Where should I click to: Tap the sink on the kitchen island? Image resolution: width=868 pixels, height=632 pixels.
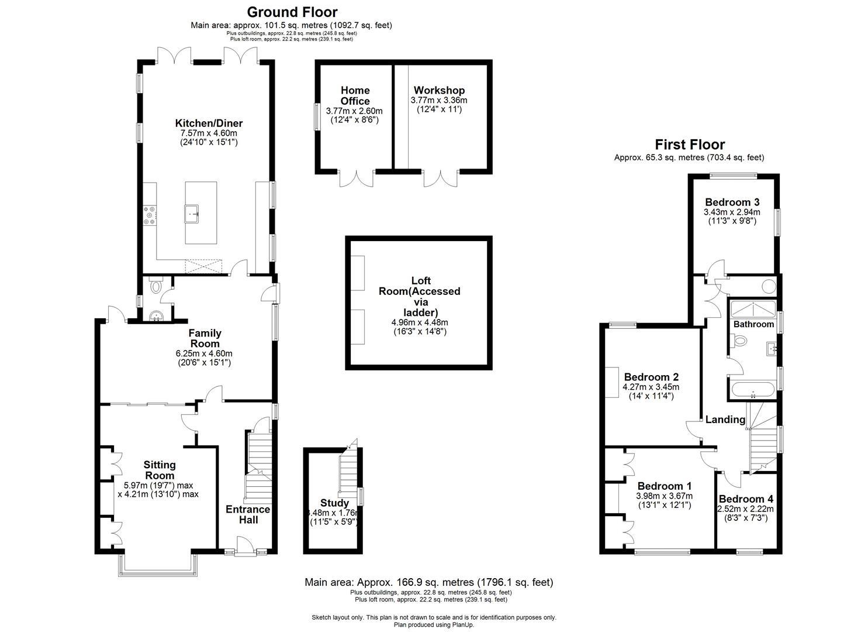pos(192,214)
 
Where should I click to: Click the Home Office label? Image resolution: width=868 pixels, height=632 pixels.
pos(355,95)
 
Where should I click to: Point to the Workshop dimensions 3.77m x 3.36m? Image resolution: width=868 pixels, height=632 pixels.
pos(439,101)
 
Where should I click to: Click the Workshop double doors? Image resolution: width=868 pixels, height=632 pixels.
pos(441,177)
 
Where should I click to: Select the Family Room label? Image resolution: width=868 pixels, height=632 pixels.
pos(205,338)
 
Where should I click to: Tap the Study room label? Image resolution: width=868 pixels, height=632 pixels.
pos(334,503)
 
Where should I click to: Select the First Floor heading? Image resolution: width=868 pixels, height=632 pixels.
pos(689,145)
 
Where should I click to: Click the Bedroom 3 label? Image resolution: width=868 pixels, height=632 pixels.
pos(732,202)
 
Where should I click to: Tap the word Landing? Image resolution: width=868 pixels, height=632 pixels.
pos(725,420)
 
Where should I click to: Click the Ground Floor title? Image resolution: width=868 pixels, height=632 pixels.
pos(292,12)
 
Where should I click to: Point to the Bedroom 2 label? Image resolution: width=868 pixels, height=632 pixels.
pos(651,377)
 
